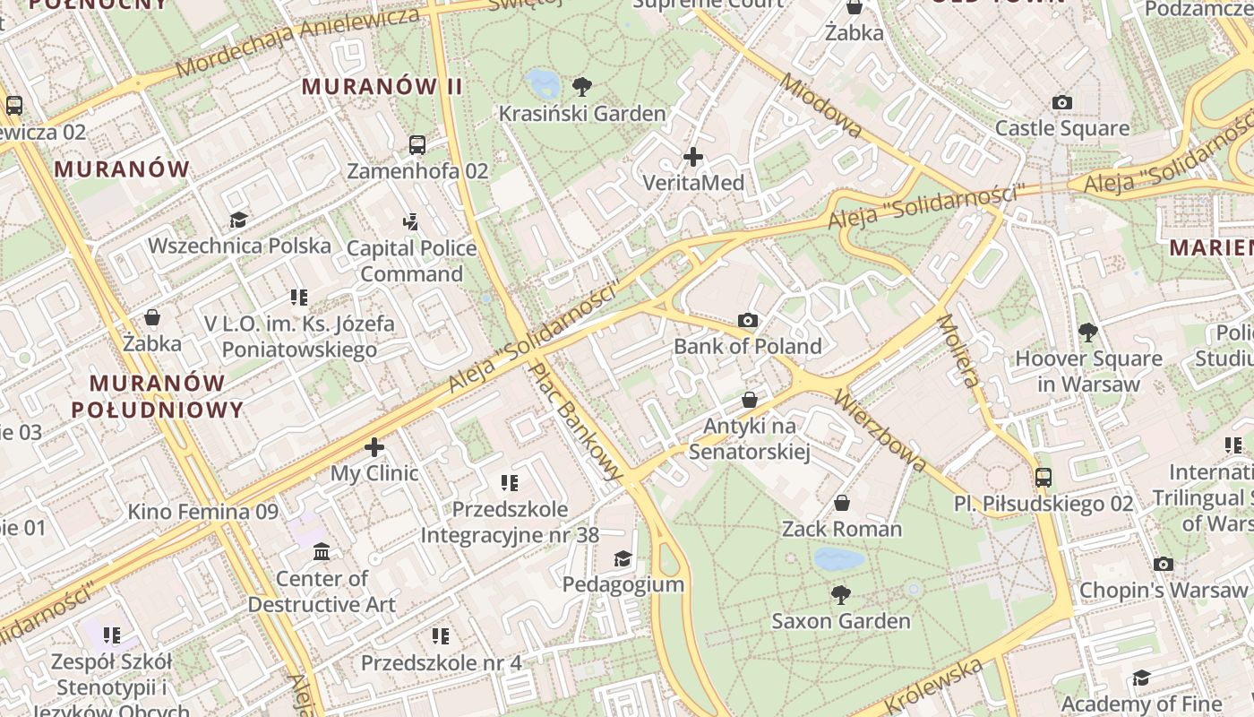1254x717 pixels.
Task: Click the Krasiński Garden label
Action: [x=582, y=114]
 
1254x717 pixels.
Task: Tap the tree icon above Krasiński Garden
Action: [x=582, y=87]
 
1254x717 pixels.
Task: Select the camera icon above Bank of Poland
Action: [x=748, y=320]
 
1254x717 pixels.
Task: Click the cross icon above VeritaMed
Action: [x=692, y=158]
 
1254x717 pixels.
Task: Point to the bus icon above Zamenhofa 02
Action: [x=417, y=144]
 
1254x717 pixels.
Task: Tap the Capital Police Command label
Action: [x=411, y=261]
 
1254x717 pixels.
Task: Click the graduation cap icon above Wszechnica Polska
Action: [x=238, y=220]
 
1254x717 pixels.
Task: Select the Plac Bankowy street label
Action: [x=575, y=419]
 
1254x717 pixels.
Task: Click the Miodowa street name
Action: [x=821, y=106]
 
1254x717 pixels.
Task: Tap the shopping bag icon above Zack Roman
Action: [x=842, y=503]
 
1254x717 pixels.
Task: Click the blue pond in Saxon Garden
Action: [x=839, y=559]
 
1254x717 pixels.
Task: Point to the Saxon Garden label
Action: [x=840, y=620]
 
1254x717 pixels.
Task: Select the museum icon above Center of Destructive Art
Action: [x=322, y=551]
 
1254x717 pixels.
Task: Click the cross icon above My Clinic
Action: [x=374, y=446]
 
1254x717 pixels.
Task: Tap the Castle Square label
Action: [x=1062, y=128]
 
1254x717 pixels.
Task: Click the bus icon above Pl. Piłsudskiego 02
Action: [x=1043, y=477]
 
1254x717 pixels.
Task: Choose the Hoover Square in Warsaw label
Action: [x=1088, y=371]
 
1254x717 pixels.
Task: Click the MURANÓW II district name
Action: [x=382, y=87]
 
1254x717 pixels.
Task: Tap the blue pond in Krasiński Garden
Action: [x=543, y=83]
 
